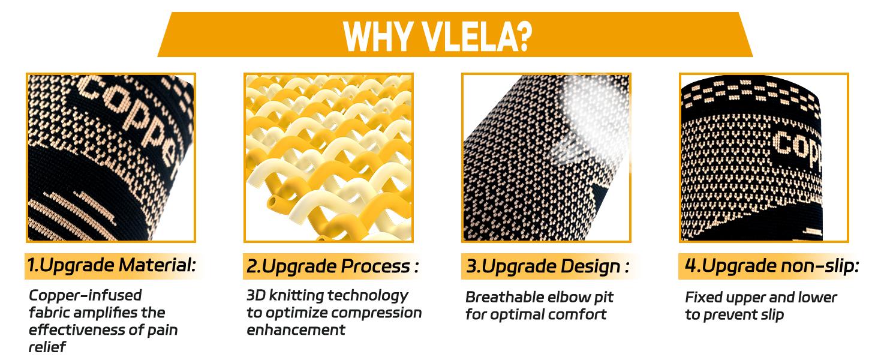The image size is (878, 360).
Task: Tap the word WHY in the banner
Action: coord(380,35)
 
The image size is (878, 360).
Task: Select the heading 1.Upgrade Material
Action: coord(112,265)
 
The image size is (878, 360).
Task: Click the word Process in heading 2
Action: coord(375,266)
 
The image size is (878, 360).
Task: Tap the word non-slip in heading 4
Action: coord(820,266)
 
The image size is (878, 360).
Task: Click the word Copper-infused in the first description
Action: coord(85,296)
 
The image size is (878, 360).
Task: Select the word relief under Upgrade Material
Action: coord(47,347)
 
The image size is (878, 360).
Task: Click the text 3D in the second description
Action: coord(255,295)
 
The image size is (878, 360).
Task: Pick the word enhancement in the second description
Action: coord(296,330)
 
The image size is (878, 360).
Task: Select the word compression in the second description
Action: coord(377,313)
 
